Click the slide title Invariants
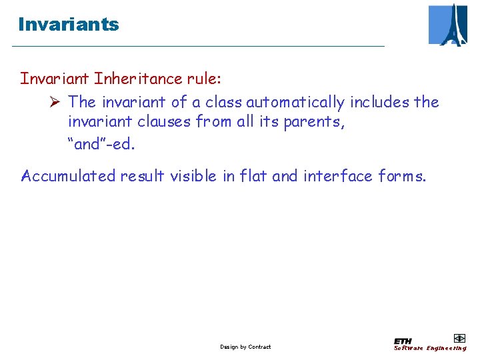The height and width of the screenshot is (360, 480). (69, 25)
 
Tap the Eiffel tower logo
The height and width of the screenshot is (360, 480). (448, 25)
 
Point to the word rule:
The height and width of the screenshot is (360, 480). (204, 79)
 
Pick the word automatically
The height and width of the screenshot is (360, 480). (295, 102)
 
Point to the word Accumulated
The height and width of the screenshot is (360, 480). (69, 176)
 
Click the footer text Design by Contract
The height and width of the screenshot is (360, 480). (245, 347)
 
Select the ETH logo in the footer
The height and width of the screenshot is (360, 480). (403, 341)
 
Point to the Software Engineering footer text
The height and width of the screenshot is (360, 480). (430, 348)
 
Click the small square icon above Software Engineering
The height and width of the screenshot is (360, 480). (459, 338)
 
